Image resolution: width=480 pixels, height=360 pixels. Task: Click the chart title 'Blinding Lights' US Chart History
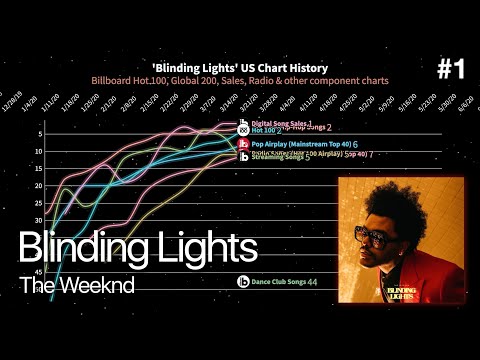240,67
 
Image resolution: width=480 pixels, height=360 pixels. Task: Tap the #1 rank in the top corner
452,69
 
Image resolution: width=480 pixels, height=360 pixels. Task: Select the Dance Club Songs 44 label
284,283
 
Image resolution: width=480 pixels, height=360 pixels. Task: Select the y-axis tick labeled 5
38,133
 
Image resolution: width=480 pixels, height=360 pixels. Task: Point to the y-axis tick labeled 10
37,151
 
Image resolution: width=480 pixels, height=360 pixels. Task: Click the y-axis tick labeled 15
37,168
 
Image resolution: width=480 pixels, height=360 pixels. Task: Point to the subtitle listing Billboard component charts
240,79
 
